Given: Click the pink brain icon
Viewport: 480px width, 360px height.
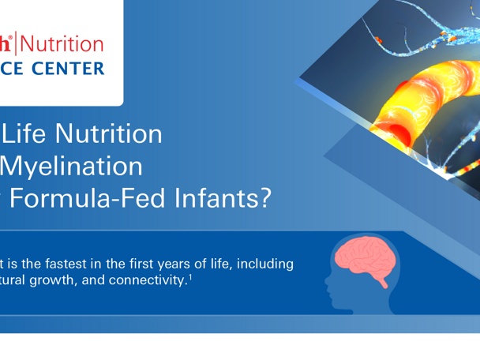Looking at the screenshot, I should coord(361,257).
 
